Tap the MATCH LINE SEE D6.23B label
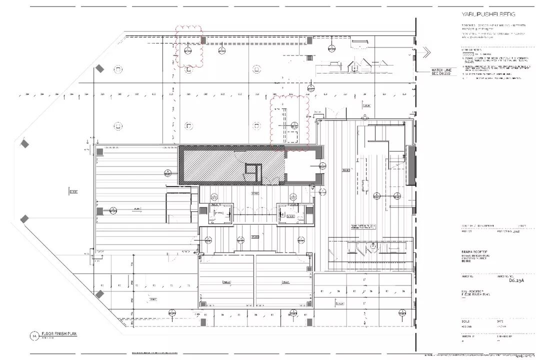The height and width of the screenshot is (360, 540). (x=442, y=71)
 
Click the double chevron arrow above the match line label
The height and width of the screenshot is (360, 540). (x=425, y=51)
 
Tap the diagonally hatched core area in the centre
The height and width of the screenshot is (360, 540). (x=220, y=165)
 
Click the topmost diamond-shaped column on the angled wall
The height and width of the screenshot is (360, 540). (x=99, y=68)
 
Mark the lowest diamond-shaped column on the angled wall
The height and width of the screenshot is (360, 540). (x=99, y=294)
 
